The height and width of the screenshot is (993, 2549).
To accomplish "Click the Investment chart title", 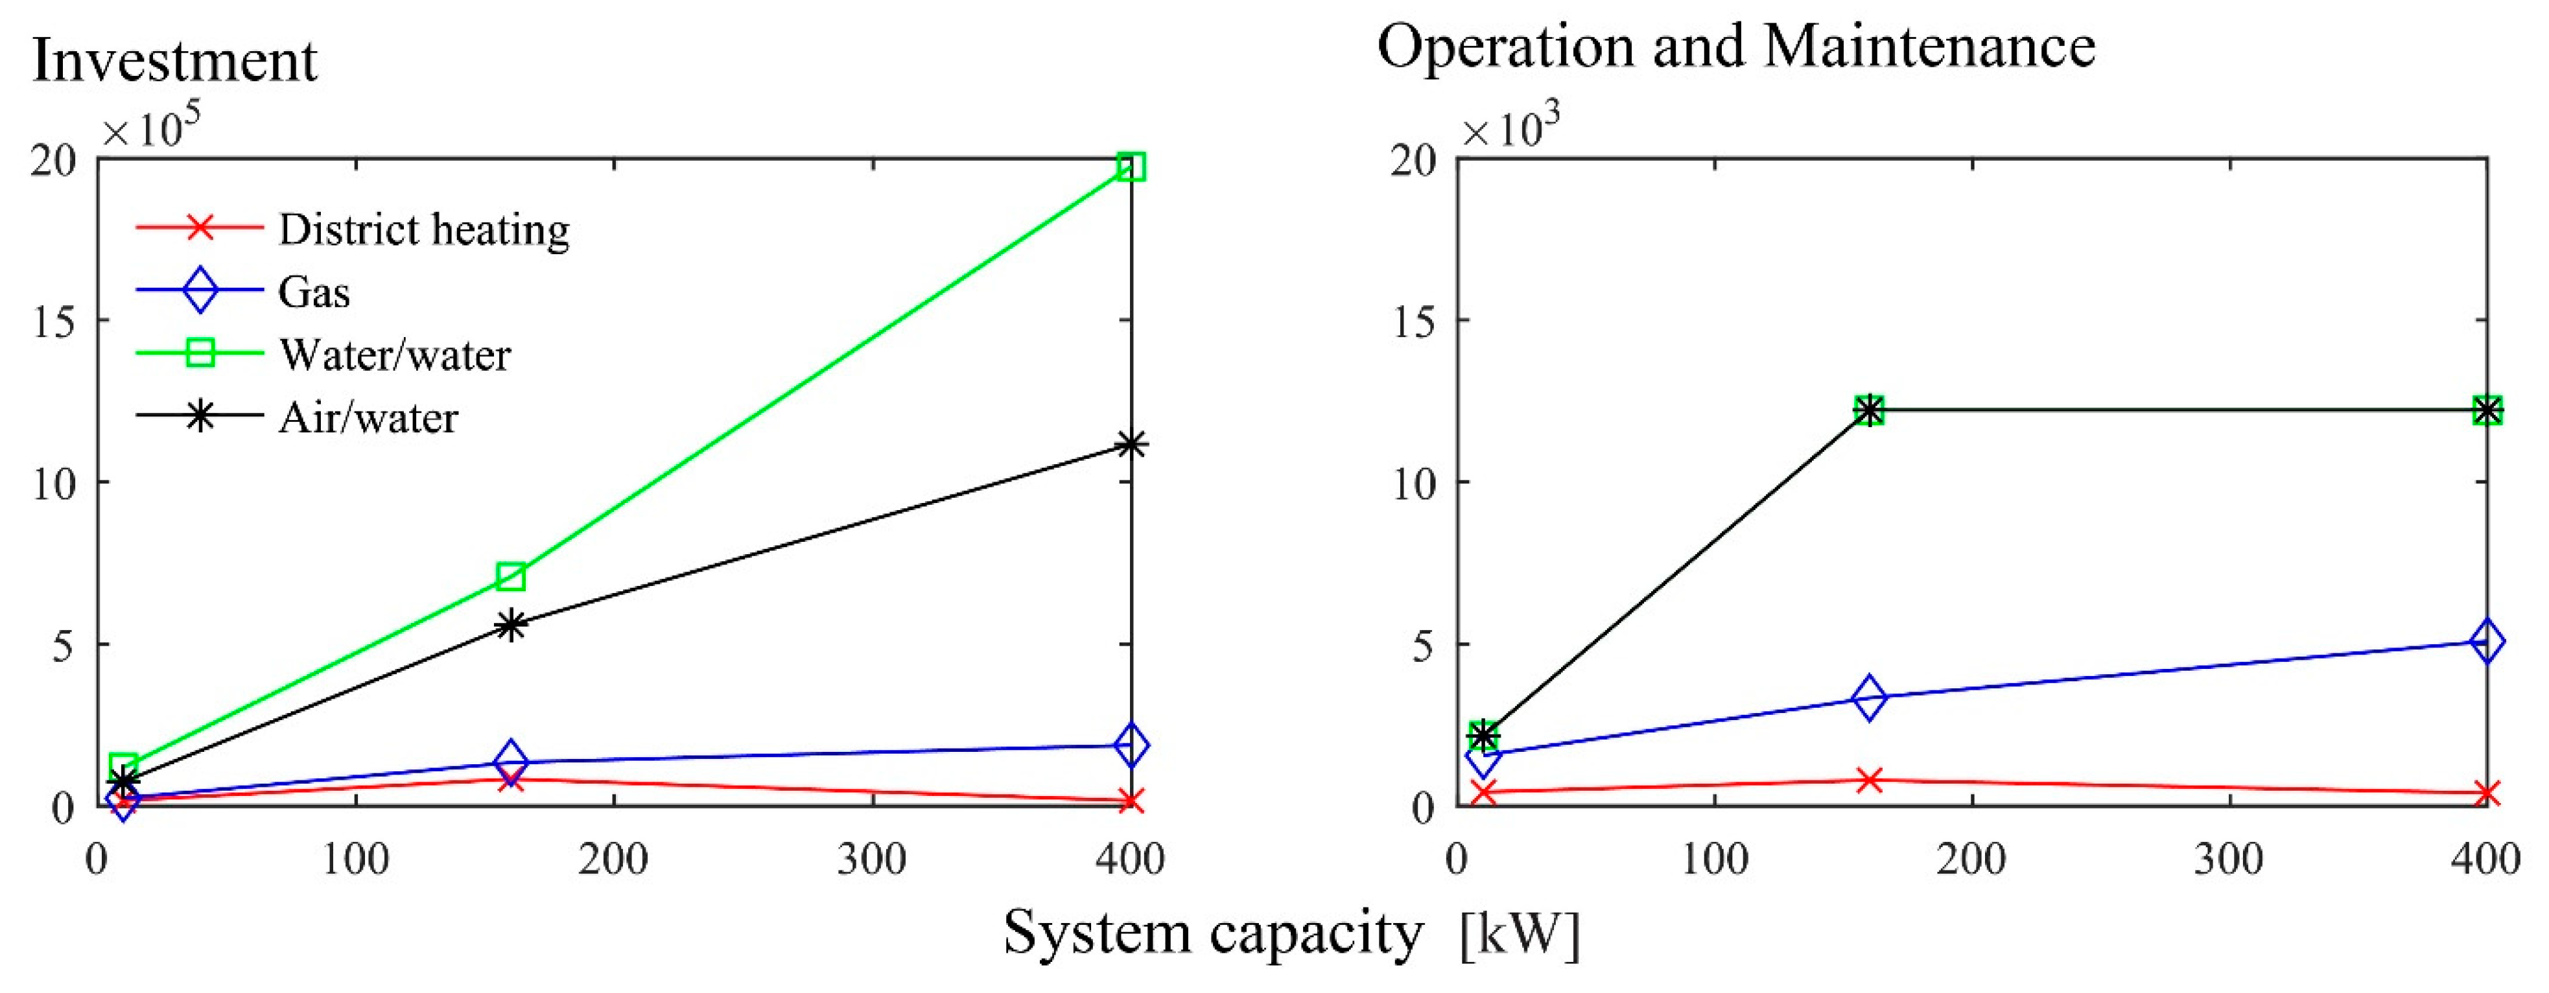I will pos(175,62).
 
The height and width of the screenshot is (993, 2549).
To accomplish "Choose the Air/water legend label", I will pos(368,418).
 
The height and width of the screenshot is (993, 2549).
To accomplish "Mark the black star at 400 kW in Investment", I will pos(1131,444).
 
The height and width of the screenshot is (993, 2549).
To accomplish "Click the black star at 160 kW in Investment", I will pos(511,625).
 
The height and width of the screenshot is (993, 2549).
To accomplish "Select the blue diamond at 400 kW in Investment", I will pos(1131,746).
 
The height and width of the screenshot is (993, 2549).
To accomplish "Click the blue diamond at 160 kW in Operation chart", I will pos(1869,698).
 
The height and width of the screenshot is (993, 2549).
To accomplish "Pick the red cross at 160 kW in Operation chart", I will pos(1869,780).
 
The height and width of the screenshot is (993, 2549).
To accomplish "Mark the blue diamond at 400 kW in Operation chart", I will pos(2487,641).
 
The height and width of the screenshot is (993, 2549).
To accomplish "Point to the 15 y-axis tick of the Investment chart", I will pos(54,321).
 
